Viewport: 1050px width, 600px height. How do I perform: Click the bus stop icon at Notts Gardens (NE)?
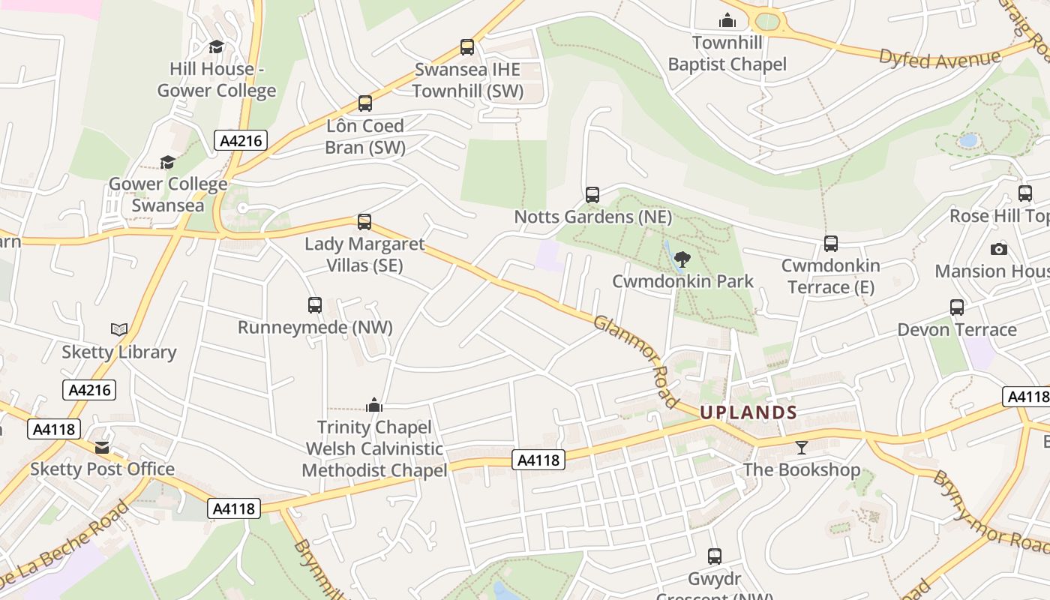click(592, 195)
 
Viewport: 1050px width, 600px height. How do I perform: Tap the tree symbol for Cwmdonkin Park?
click(682, 259)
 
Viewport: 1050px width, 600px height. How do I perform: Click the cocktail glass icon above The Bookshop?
click(802, 448)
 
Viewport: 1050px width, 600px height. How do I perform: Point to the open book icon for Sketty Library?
click(118, 329)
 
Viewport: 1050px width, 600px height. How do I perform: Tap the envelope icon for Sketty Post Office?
click(102, 448)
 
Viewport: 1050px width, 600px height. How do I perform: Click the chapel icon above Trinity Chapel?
click(374, 406)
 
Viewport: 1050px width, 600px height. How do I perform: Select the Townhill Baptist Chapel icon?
click(727, 20)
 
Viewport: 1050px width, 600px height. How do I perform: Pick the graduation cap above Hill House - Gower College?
click(217, 47)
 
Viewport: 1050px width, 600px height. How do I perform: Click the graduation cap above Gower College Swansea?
click(168, 162)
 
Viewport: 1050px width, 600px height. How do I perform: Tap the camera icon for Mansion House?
click(999, 249)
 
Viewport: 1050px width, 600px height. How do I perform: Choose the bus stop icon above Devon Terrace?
click(957, 307)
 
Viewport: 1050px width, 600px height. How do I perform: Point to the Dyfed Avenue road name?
click(940, 58)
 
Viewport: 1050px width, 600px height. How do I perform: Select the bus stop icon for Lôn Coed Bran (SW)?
click(365, 103)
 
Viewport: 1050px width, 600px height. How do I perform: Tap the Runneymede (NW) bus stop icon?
click(315, 305)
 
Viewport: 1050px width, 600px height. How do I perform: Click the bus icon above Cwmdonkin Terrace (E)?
click(831, 244)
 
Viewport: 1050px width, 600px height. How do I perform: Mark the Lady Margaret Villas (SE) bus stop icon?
click(364, 222)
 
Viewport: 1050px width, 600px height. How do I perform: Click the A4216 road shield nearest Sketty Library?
click(89, 390)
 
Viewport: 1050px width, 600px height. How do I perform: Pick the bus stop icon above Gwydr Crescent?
click(715, 556)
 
